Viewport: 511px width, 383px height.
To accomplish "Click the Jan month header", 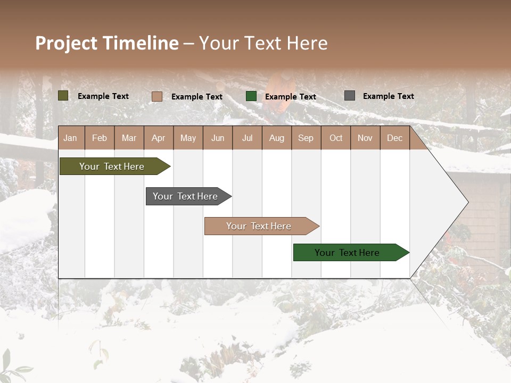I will coord(70,138).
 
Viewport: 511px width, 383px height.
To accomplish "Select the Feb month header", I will coord(100,138).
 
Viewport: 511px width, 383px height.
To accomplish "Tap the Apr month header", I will coord(158,138).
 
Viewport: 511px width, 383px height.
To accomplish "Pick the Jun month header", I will coord(217,138).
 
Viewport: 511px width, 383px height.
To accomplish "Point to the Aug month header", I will coord(276,138).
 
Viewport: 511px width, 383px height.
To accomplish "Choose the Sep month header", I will coord(306,138).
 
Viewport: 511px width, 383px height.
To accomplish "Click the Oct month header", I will coord(335,138).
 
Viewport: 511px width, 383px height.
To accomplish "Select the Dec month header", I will coord(394,138).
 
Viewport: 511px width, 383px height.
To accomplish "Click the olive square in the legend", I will coord(63,96).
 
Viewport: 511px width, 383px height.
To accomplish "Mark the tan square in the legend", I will coord(157,96).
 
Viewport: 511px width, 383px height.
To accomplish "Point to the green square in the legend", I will coord(251,96).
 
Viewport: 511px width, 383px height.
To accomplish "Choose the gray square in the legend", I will coord(350,96).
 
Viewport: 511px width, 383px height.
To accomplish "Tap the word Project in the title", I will coord(67,43).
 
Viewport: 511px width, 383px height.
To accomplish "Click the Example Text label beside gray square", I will coord(388,96).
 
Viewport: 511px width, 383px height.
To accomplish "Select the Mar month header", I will coord(129,138).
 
